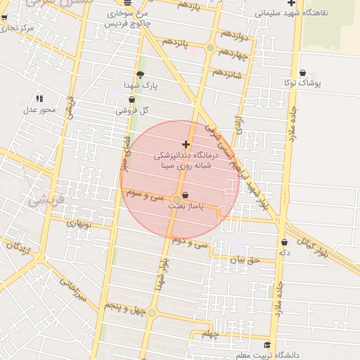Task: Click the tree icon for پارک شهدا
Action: [x=139, y=75]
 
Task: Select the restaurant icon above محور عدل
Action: [x=39, y=98]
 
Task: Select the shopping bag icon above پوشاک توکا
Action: [x=302, y=72]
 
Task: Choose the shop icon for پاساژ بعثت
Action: [x=186, y=196]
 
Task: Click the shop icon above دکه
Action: [x=284, y=243]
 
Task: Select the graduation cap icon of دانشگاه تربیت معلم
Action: [x=266, y=345]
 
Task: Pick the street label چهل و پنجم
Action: [x=124, y=306]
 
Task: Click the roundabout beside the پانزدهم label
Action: [x=210, y=47]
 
